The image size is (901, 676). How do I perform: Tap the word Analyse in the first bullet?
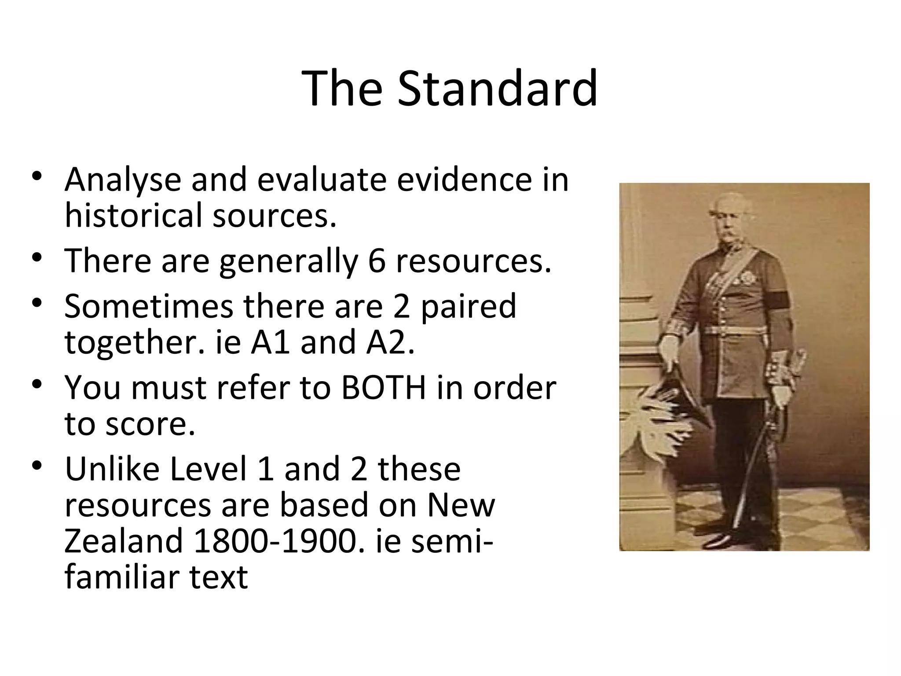123,180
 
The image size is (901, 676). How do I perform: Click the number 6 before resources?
377,261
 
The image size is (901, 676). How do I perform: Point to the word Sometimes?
149,307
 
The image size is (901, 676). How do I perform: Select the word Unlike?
112,469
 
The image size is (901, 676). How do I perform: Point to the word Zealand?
123,541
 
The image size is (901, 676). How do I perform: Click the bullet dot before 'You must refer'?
37,385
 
